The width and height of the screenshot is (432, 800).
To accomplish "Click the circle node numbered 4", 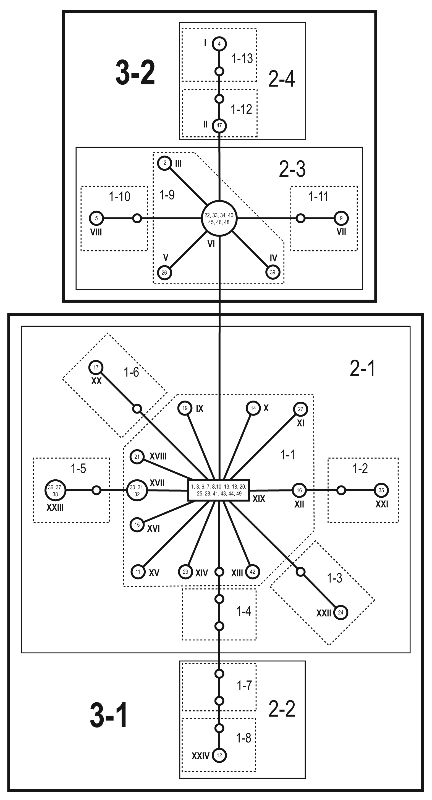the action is click(x=219, y=44).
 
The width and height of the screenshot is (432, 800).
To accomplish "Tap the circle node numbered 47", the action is click(x=219, y=126).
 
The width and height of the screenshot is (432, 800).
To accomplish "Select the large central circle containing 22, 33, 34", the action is click(x=219, y=218).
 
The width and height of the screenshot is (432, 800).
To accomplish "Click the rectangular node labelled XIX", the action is click(x=219, y=490).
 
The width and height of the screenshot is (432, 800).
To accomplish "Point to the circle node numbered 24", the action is click(x=341, y=612).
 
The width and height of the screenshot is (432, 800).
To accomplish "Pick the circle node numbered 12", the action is click(x=219, y=755).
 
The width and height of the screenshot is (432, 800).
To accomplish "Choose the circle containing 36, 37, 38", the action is click(x=55, y=490).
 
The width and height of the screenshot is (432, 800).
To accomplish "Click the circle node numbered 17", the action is click(x=96, y=368).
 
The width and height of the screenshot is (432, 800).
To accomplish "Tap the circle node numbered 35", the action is click(x=381, y=490).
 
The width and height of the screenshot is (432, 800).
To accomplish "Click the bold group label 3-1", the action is click(x=109, y=715).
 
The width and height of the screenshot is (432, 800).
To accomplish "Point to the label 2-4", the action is click(x=281, y=79).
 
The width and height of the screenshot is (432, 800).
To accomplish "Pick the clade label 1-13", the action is click(x=242, y=58).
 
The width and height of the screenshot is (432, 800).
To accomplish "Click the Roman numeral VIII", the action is click(x=96, y=232).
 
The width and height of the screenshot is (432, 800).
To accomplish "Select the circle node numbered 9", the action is click(x=341, y=218).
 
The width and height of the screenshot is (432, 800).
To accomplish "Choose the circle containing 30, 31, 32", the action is click(x=137, y=491).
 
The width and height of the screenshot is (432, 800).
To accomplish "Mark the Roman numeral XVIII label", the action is click(x=158, y=456).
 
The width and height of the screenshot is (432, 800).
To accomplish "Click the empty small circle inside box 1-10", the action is click(x=137, y=218).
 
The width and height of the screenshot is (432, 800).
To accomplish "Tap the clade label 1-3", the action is click(x=334, y=578).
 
